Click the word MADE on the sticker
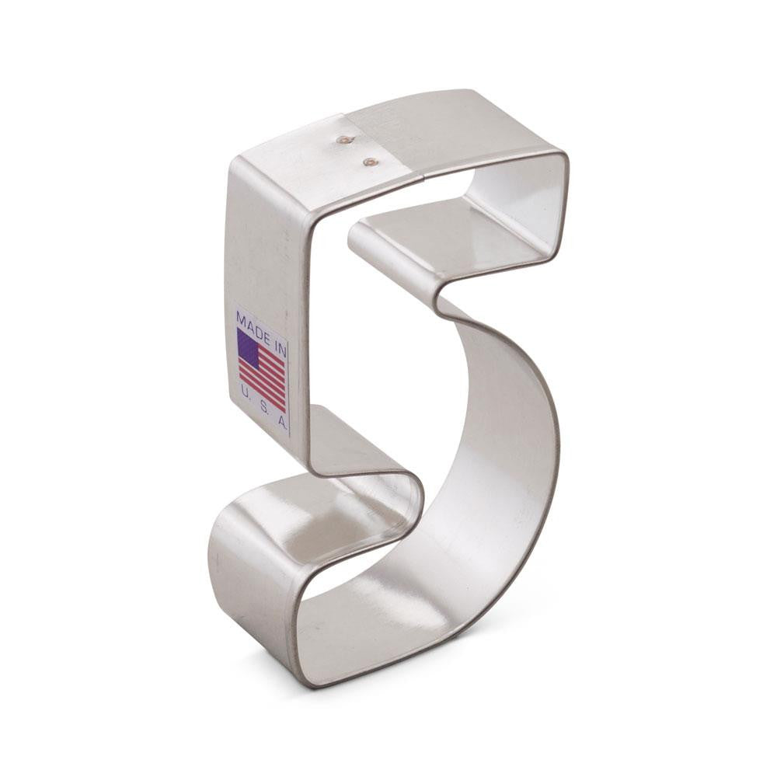click(x=253, y=321)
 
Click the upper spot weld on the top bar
click(x=343, y=141)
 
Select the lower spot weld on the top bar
click(x=371, y=162)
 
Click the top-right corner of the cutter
click(x=565, y=155)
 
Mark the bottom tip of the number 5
click(x=311, y=684)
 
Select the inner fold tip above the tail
click(x=420, y=490)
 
